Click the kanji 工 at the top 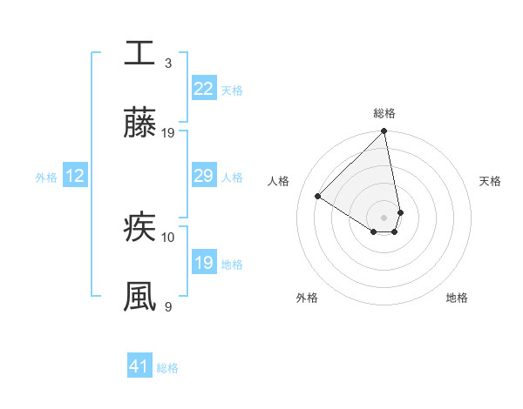(x=139, y=54)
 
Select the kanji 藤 (x=139, y=124)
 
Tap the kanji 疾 (x=139, y=228)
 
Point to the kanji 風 (x=139, y=297)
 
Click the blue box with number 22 (x=203, y=89)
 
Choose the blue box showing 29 (x=203, y=177)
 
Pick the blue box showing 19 (x=203, y=263)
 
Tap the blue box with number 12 (x=75, y=177)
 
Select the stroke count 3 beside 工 (x=168, y=64)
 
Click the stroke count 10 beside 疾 (x=168, y=237)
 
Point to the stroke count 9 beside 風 (x=168, y=306)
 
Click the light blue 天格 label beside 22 (x=231, y=90)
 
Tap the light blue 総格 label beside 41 (x=167, y=368)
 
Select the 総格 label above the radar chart (x=384, y=113)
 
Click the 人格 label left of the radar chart (x=279, y=181)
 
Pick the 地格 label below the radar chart (x=457, y=298)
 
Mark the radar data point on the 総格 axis (x=384, y=131)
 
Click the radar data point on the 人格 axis (x=318, y=197)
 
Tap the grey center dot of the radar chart (x=384, y=218)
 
